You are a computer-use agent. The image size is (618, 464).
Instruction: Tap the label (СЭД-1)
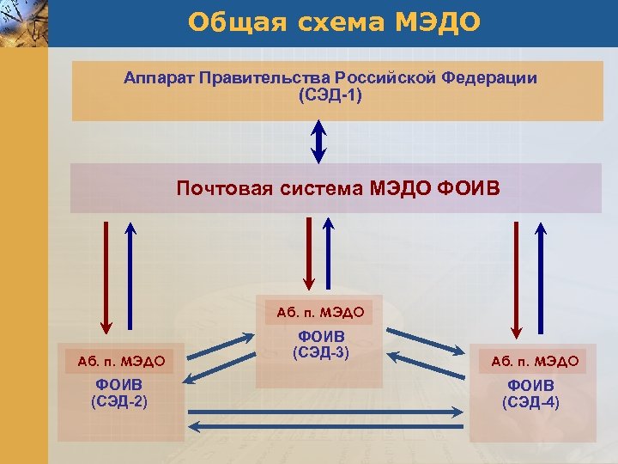[x=330, y=95]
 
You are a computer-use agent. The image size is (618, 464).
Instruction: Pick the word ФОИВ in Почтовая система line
[x=467, y=188]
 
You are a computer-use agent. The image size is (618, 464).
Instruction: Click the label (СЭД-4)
[x=530, y=401]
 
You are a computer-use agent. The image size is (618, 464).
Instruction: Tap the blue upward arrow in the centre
[x=328, y=253]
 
